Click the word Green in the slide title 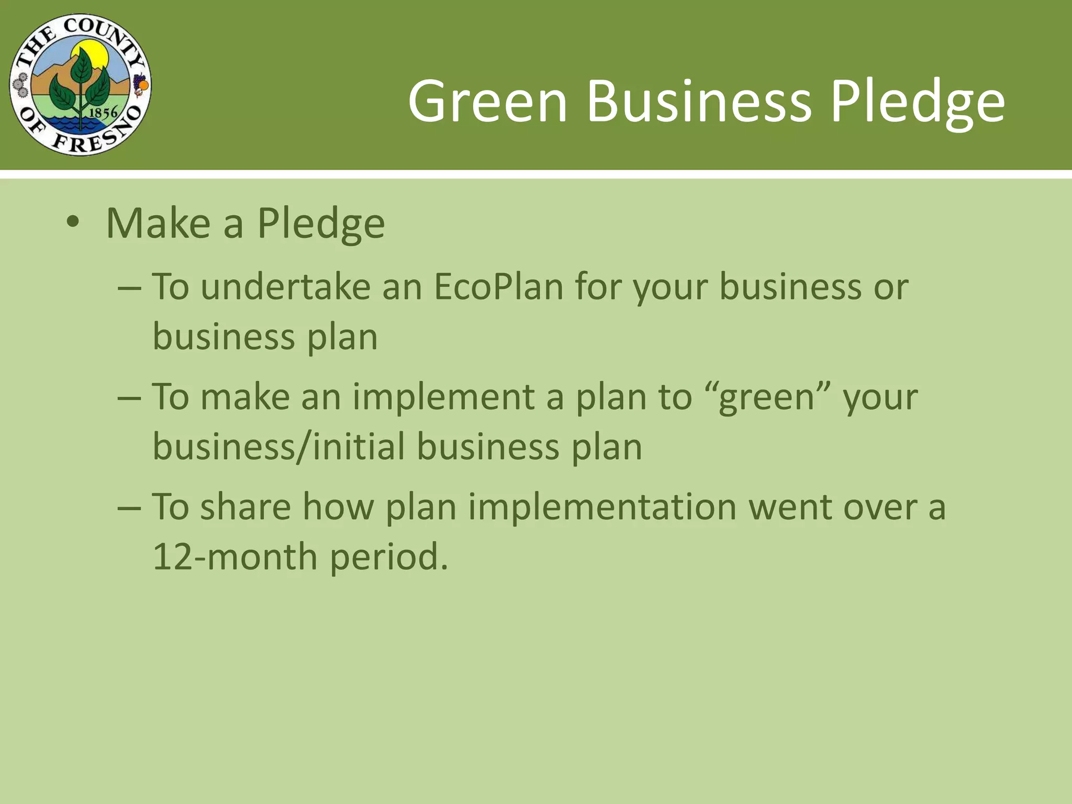pos(487,100)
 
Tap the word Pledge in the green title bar pos(917,100)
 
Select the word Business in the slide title pos(699,100)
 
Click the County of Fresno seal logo pos(80,84)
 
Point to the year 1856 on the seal pos(103,112)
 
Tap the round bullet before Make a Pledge pos(73,222)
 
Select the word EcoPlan pos(498,287)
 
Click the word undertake pos(285,287)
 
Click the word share pos(245,507)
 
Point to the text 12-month pos(234,556)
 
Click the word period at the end pos(388,557)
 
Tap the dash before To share pos(129,508)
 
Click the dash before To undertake pos(129,288)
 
